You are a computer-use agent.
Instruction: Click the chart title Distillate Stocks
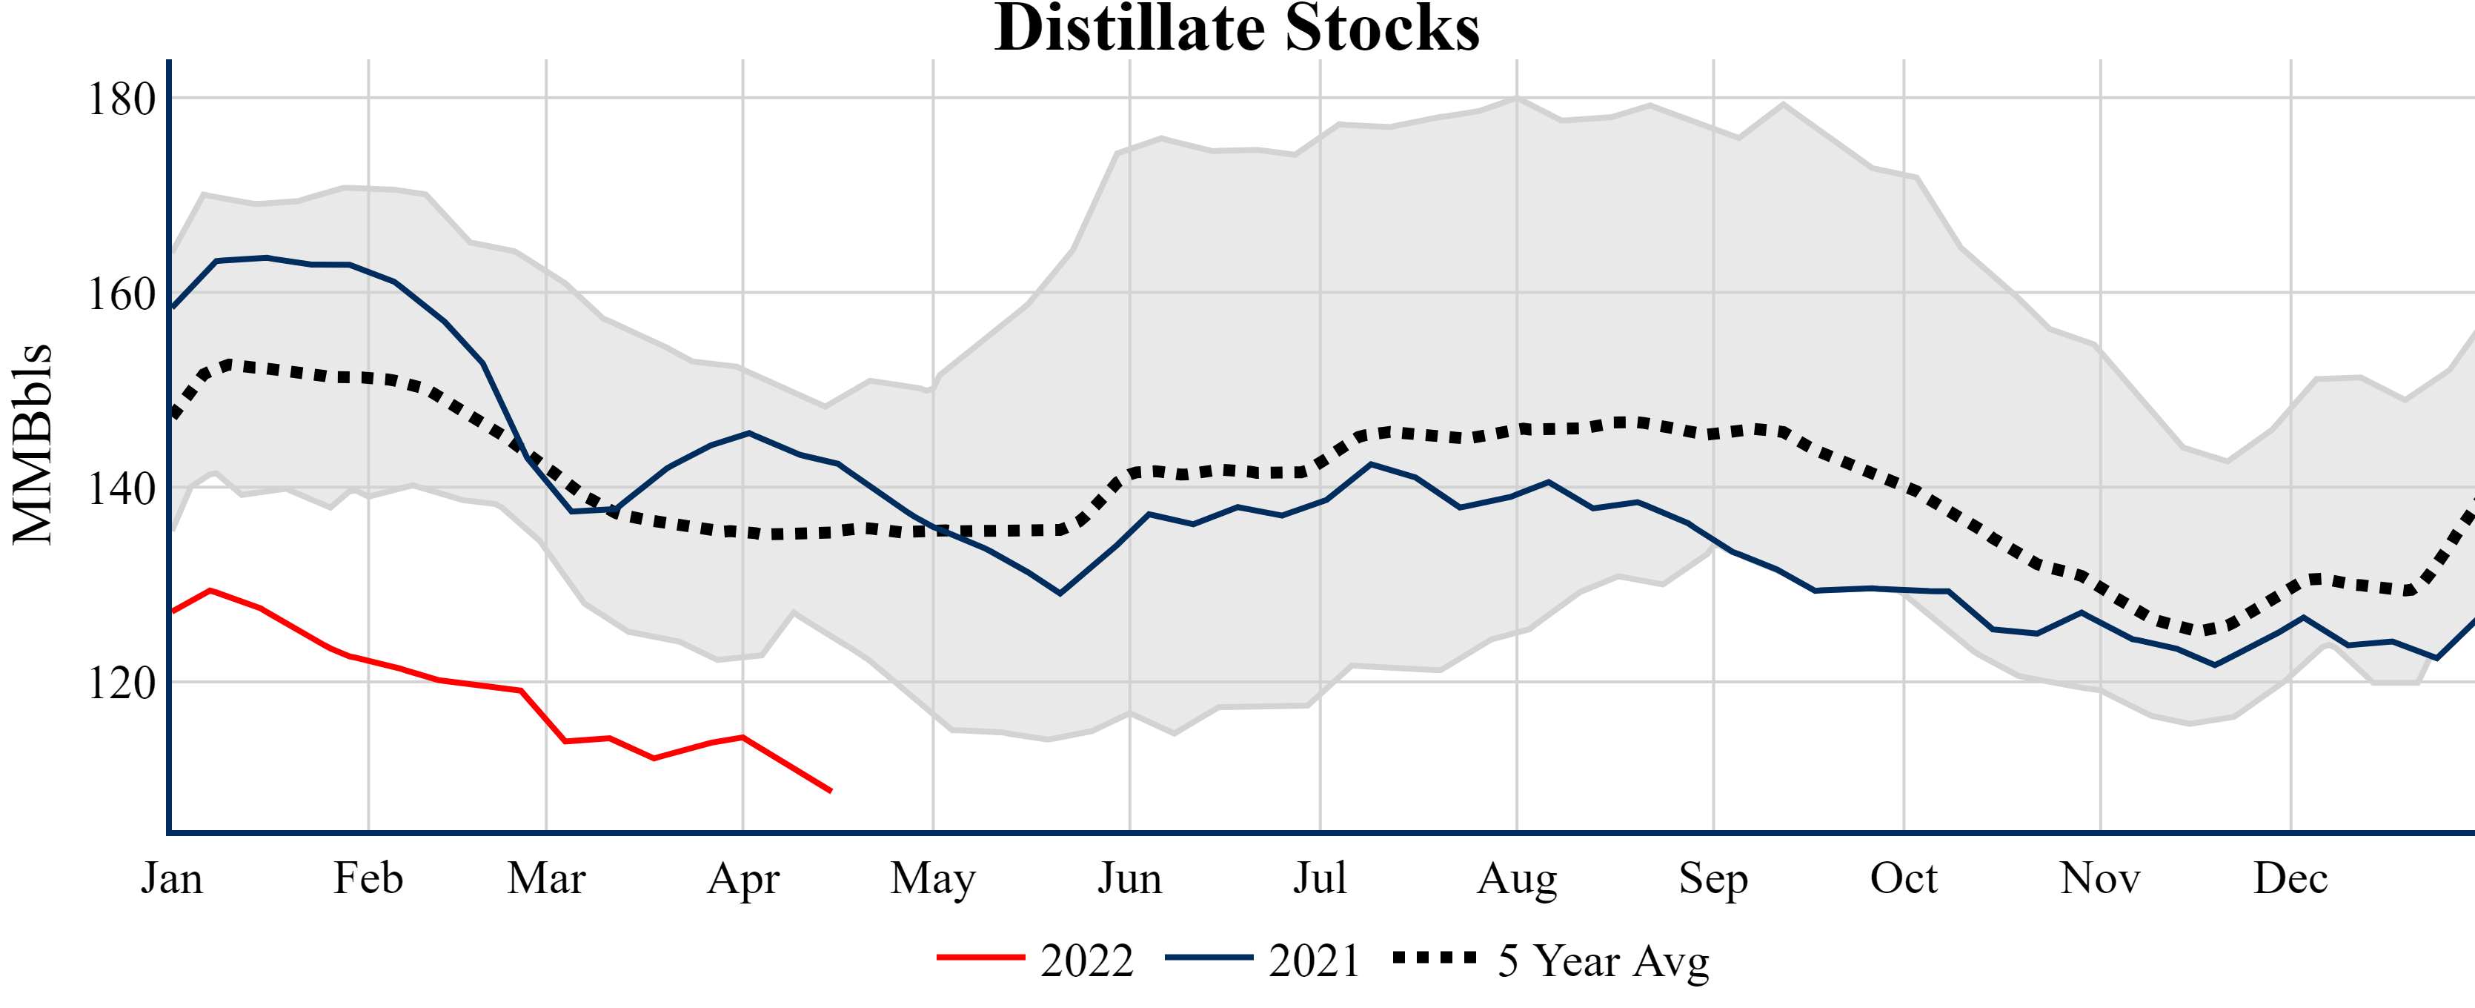tap(1237, 29)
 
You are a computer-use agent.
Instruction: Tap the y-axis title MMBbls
tap(33, 444)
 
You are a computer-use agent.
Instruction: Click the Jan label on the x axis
tap(172, 878)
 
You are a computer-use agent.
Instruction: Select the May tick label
tap(933, 878)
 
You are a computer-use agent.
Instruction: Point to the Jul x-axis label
tap(1320, 878)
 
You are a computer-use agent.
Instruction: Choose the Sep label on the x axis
tap(1713, 878)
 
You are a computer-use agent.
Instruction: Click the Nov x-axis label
tap(2100, 878)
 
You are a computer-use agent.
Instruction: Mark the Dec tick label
tap(2290, 878)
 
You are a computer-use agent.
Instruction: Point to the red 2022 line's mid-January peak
tap(210, 590)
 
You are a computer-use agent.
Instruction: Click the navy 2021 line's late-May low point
tap(1060, 594)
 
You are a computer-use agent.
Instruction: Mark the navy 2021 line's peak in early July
tap(1370, 464)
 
